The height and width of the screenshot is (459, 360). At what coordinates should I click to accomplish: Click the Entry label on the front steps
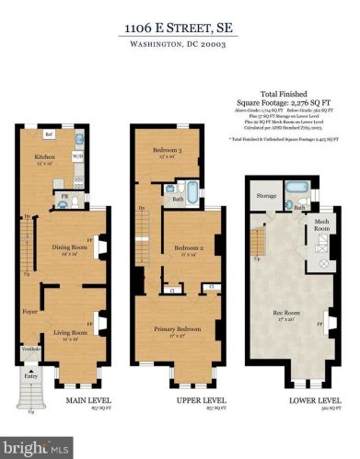click(32, 375)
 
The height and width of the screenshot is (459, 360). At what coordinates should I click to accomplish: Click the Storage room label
click(266, 196)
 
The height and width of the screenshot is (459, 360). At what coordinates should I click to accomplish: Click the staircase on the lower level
click(261, 241)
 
